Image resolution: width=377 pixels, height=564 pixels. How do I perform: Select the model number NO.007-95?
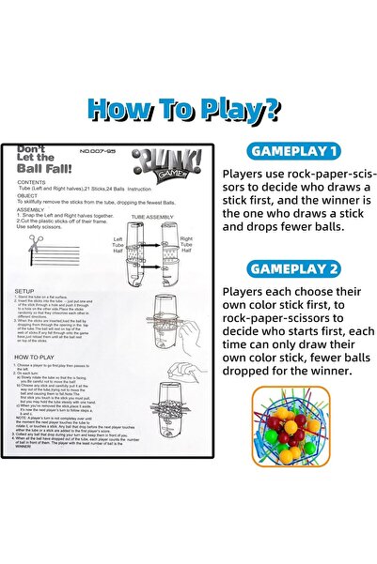tap(97, 151)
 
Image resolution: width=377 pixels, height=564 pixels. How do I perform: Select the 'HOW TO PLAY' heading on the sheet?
tap(36, 357)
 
